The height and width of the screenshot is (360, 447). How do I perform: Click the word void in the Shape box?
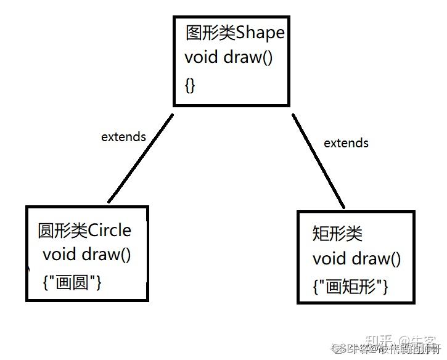tap(201, 58)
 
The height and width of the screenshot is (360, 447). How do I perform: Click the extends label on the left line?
tap(123, 137)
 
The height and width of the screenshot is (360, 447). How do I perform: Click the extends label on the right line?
tap(346, 143)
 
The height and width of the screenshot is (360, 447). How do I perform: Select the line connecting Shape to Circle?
tap(141, 158)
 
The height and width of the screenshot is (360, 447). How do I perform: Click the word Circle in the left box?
tap(110, 231)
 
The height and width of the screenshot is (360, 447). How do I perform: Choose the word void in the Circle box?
tap(59, 254)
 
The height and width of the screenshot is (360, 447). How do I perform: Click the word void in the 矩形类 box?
tap(329, 259)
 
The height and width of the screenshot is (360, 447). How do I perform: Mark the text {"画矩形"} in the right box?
tap(350, 287)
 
